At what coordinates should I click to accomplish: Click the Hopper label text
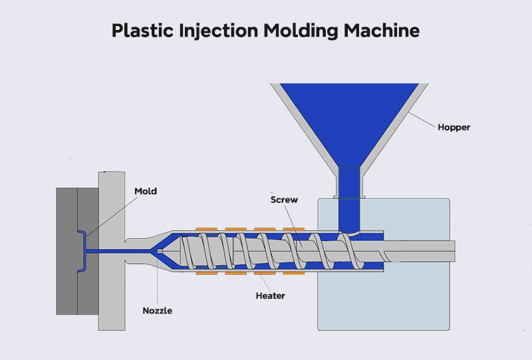tap(454, 127)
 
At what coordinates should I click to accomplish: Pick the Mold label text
tap(145, 191)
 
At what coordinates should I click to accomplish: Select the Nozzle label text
tap(157, 309)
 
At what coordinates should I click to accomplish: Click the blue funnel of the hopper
tap(349, 120)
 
